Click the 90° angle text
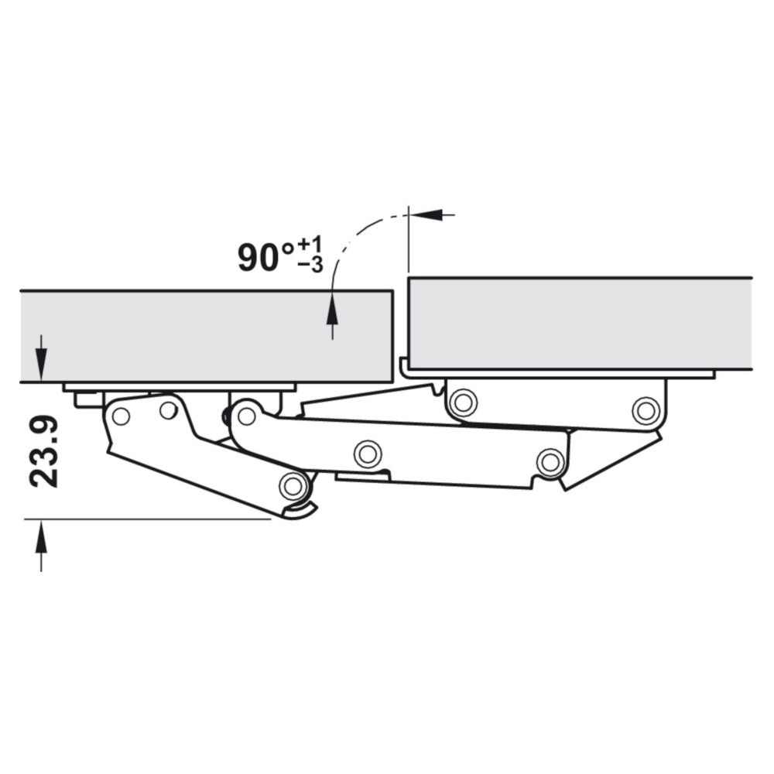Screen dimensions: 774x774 266,257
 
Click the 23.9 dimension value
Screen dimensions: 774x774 44,453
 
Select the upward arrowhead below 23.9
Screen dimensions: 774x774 41,534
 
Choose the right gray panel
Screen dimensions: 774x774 580,323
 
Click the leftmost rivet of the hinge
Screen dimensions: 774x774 120,416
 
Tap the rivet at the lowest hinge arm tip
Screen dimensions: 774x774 292,486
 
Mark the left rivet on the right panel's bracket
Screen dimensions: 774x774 462,402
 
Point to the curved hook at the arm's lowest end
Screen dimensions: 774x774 302,511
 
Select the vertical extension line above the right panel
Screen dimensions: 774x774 408,240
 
